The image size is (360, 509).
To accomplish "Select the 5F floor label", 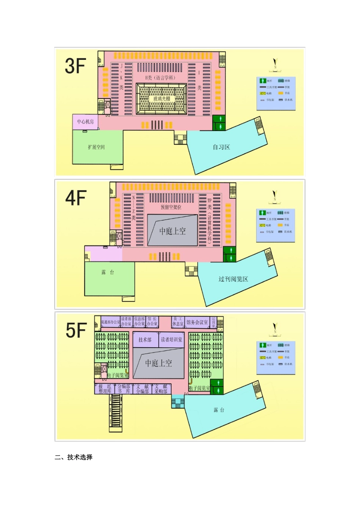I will pos(76,330).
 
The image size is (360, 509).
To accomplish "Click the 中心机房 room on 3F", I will pos(85,122).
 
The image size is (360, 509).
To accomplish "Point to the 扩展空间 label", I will pos(96,147).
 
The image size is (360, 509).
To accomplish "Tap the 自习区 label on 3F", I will pos(221,147).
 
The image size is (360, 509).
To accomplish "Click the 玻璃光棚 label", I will pos(161,98).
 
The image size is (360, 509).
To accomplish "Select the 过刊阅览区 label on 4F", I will pos(233,279).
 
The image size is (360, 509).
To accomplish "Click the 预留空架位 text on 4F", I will pos(171,207).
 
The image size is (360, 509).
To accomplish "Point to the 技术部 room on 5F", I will pos(145,340).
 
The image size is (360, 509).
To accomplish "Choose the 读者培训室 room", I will pos(171,340).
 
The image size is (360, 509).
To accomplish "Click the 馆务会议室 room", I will pos(197,322).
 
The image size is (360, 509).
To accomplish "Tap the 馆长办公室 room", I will pos(152,322).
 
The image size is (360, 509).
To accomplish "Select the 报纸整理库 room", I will pos(105,389).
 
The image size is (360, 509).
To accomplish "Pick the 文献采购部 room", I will pos(161,389).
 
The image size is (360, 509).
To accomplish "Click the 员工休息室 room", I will pos(178,322).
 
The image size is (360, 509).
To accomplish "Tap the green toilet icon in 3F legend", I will pos(263,81).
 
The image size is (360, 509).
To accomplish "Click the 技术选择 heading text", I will pos(80,457).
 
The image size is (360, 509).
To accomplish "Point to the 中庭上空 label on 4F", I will pos(172,231).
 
